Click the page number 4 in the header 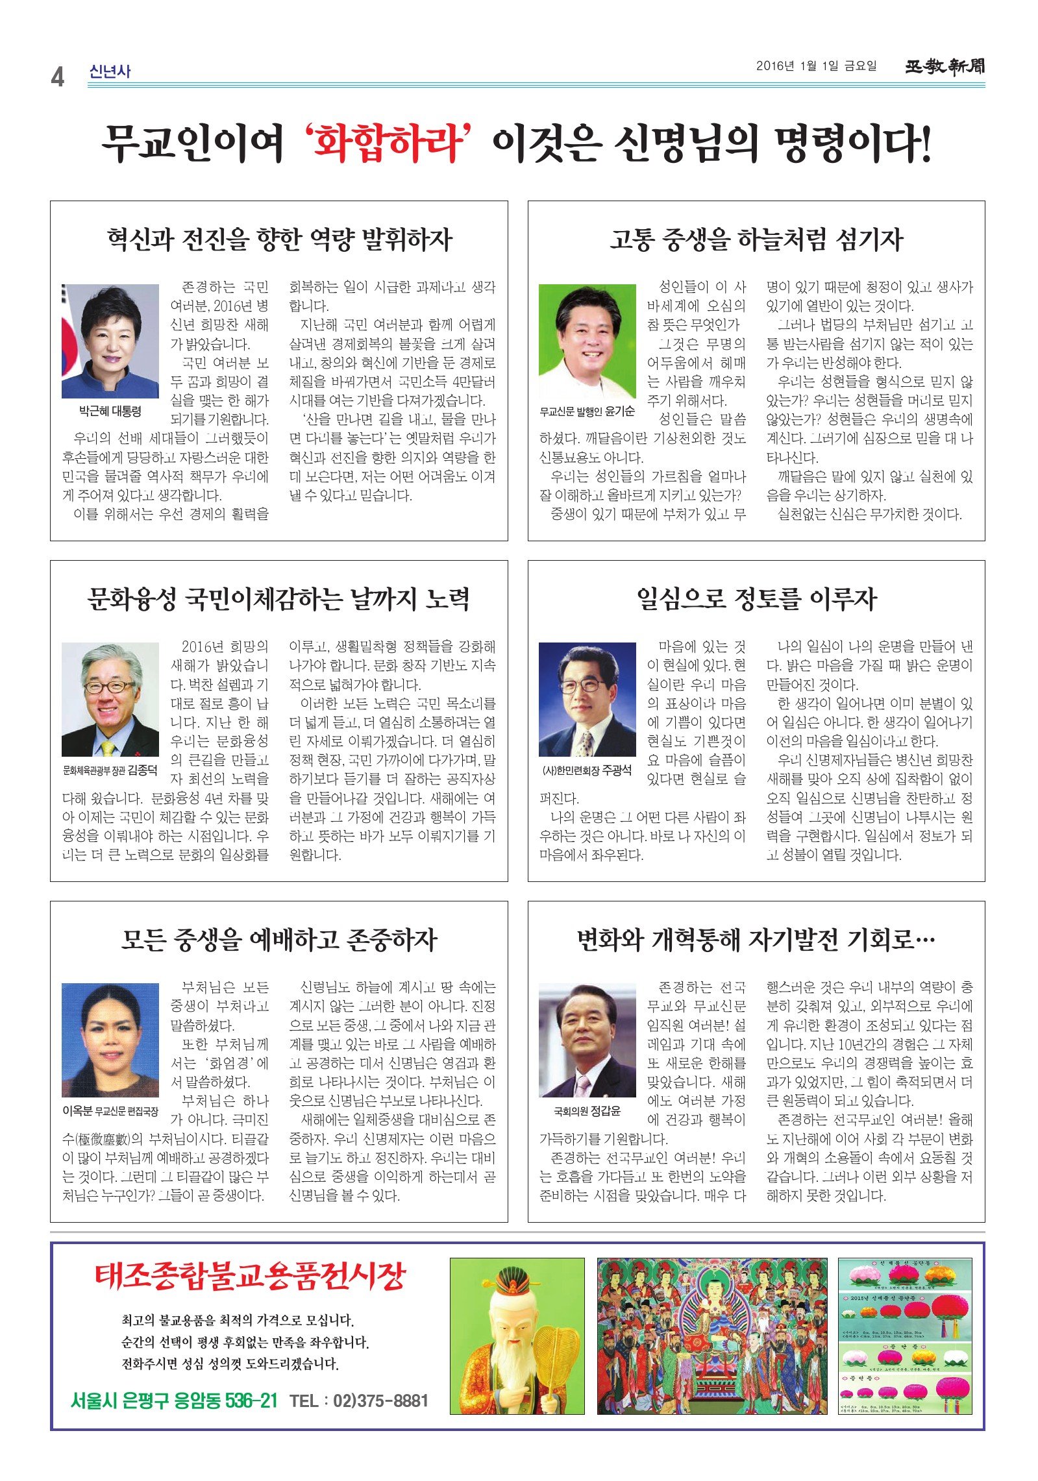58,77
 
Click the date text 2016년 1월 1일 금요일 816,66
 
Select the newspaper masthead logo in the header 945,66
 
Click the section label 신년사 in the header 110,71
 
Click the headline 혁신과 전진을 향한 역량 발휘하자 279,239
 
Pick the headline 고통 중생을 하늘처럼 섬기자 756,239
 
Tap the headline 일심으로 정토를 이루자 756,598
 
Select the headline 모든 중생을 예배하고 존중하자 279,939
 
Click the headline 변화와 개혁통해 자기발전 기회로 756,939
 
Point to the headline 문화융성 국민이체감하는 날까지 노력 279,598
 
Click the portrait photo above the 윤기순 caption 587,341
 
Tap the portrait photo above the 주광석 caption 587,700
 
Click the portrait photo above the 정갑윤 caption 587,1040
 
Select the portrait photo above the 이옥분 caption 110,1040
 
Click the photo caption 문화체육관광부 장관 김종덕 110,770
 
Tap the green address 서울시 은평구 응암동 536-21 174,1401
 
